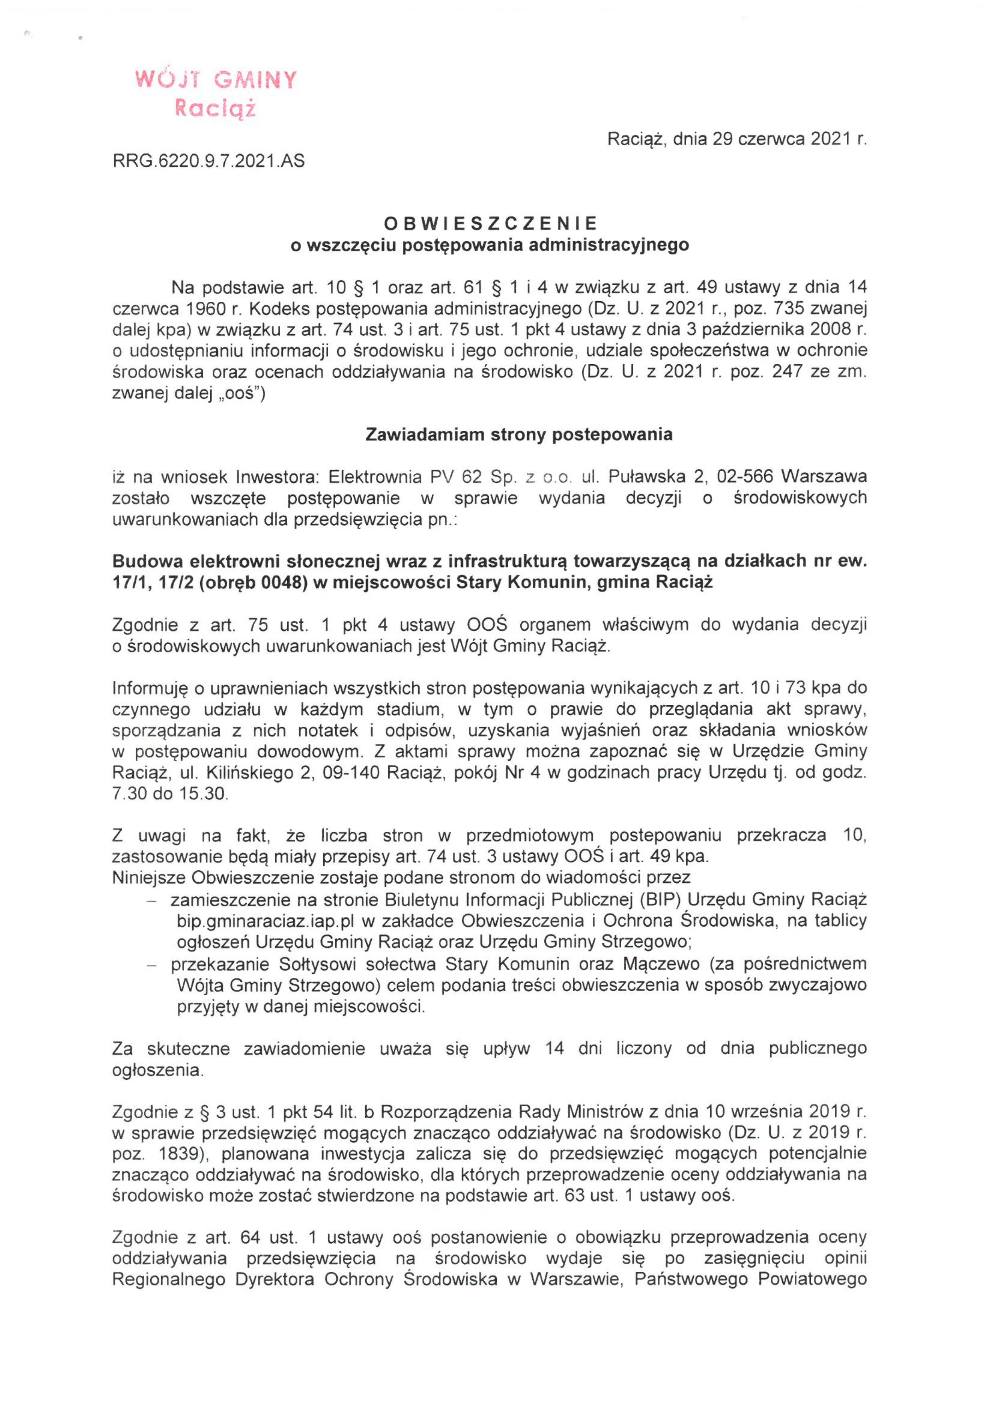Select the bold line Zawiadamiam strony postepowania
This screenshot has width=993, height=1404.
pos(518,435)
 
